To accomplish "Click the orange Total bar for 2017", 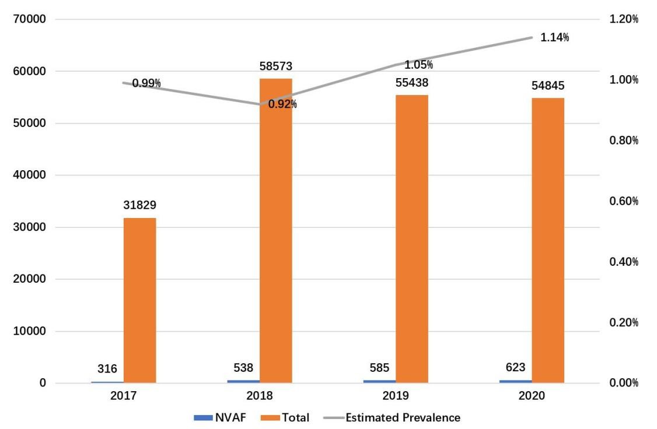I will (x=139, y=300).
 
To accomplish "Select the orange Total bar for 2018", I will (x=275, y=230).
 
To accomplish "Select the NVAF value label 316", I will (x=107, y=368).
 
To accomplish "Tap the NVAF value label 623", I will (x=515, y=367).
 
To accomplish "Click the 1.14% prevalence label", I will (x=554, y=38).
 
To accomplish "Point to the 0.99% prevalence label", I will (x=146, y=83).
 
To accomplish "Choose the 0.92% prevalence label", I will (x=282, y=105).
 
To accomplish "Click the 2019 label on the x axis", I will (x=395, y=396).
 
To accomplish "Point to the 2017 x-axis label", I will (x=123, y=396).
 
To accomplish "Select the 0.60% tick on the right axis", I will (x=624, y=201).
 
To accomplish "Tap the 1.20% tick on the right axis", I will (x=624, y=19).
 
